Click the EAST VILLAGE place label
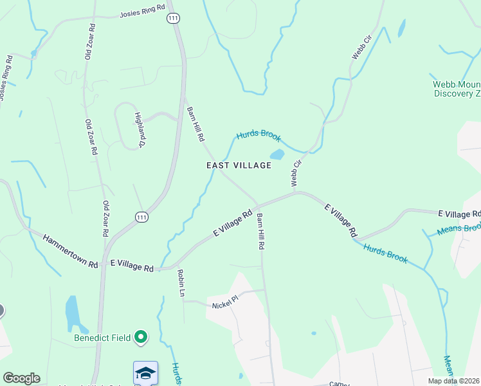239,165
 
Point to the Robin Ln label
181,283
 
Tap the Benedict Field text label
102,337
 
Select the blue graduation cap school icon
145,372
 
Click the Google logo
21,378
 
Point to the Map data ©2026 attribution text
453,381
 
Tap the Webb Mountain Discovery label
456,88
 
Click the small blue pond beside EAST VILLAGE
277,154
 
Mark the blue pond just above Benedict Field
73,315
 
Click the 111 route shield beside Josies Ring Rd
173,19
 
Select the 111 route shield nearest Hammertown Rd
142,218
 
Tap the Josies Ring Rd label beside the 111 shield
142,14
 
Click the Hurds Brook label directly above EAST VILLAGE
259,136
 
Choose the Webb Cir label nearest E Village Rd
296,174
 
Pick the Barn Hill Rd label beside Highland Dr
195,124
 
